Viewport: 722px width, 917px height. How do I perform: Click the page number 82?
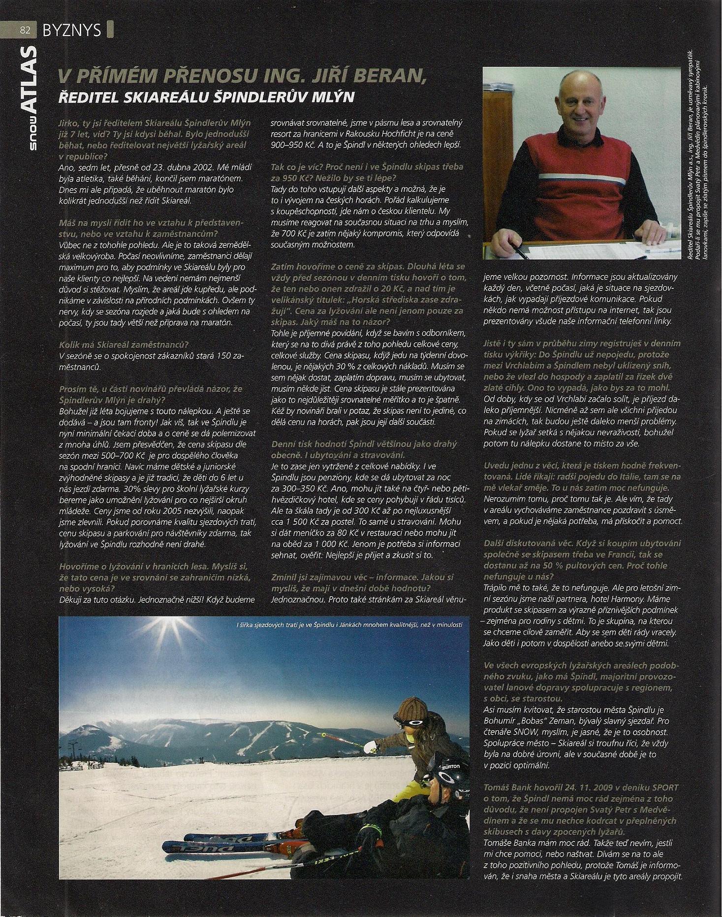[25, 30]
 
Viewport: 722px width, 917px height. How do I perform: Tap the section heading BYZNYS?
[72, 30]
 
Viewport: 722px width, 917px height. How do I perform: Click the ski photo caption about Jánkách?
[349, 625]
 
